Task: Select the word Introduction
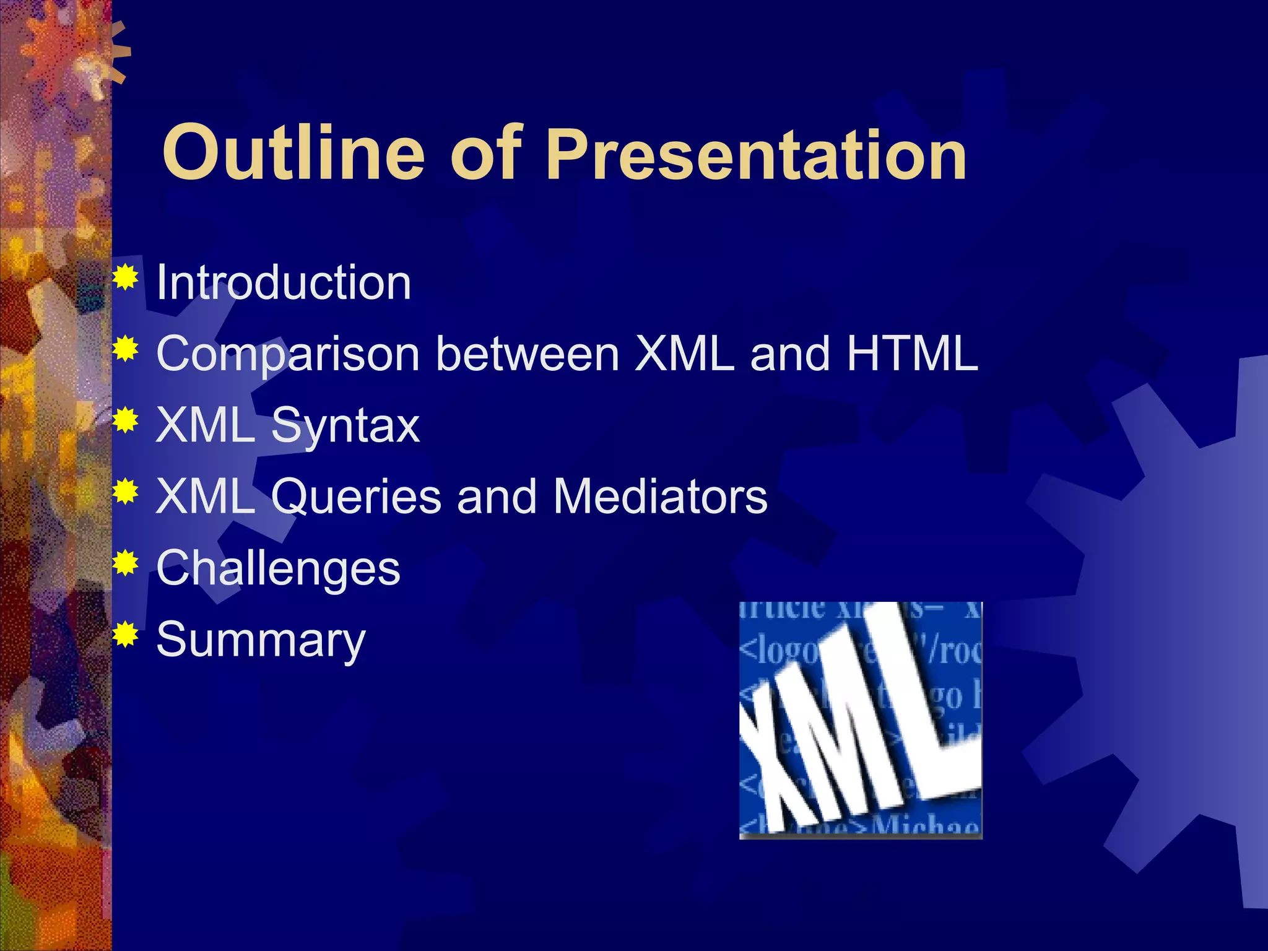click(x=284, y=282)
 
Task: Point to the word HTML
click(x=912, y=354)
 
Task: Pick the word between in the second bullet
click(x=528, y=354)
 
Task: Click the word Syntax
click(x=345, y=427)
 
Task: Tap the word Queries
click(x=356, y=497)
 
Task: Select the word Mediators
click(x=660, y=497)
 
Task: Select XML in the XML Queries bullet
click(x=206, y=497)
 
